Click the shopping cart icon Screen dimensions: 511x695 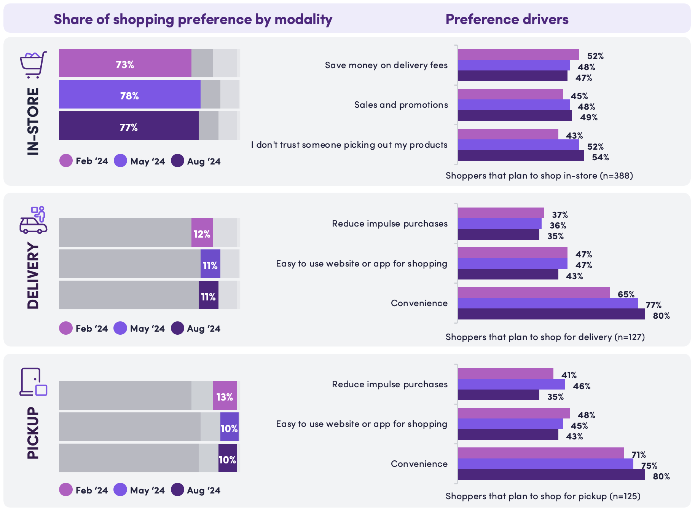33,64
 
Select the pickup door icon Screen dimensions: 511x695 33,382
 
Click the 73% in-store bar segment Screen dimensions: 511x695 125,63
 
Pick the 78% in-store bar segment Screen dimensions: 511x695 129,94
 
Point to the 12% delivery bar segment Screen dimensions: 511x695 202,233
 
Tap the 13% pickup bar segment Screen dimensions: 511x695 225,396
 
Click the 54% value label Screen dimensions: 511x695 600,157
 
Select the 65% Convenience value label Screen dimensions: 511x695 626,294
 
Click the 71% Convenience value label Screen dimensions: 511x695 638,455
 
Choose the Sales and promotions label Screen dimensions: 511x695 401,105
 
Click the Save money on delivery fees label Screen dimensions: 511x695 386,65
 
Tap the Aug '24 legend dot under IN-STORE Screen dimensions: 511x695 177,161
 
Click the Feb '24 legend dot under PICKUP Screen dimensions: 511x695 66,490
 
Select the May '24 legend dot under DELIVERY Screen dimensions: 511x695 120,328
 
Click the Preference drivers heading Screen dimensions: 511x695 507,19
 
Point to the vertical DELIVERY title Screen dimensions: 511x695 33,275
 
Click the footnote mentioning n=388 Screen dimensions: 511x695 539,176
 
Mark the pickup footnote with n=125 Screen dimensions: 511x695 543,496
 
